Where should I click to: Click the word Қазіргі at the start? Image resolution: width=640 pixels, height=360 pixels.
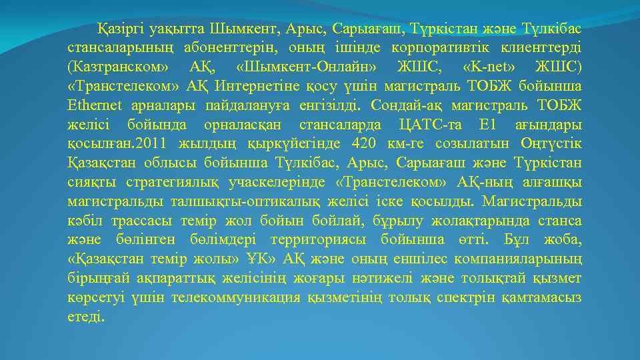(121, 29)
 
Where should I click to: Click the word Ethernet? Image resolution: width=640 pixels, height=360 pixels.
(93, 105)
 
